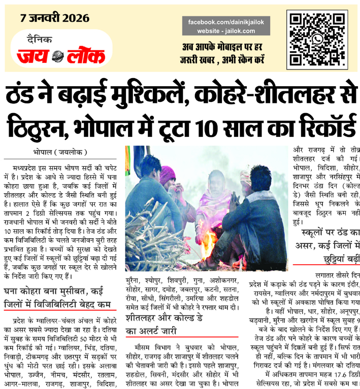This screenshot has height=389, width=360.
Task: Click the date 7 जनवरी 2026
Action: [54, 19]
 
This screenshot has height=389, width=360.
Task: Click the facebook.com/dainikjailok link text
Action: [226, 23]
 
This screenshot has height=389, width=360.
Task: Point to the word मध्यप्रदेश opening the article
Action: [30, 166]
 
